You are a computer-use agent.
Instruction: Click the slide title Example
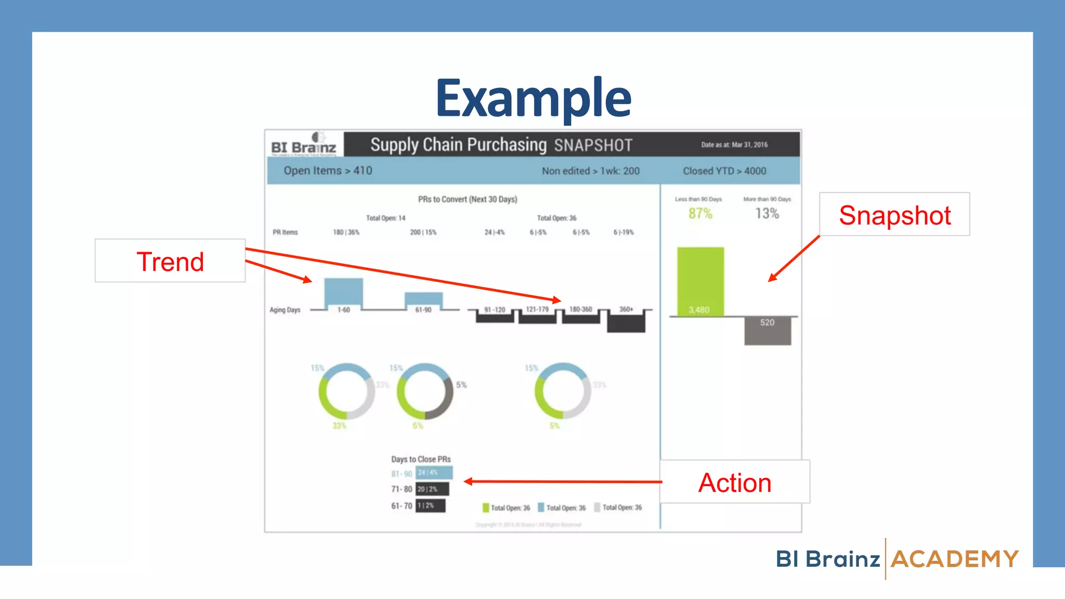[x=533, y=98]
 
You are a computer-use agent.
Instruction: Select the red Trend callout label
[x=170, y=262]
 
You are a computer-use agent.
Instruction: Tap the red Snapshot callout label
[x=894, y=215]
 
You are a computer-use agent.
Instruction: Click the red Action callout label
[x=734, y=483]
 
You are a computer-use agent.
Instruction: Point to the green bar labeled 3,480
[x=700, y=281]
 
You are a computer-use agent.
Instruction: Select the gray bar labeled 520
[x=768, y=331]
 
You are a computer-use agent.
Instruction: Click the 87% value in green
[x=700, y=213]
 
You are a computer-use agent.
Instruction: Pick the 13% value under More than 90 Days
[x=767, y=213]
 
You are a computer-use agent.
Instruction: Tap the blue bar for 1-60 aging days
[x=343, y=292]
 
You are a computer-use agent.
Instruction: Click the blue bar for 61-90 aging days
[x=423, y=299]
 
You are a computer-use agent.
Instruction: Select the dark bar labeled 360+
[x=626, y=324]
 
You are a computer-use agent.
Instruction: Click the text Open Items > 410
[x=328, y=171]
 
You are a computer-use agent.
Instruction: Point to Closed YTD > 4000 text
[x=724, y=171]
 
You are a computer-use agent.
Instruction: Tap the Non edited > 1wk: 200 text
[x=591, y=171]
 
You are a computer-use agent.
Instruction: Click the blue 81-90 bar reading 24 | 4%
[x=434, y=473]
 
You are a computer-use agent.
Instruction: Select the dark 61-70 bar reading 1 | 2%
[x=430, y=505]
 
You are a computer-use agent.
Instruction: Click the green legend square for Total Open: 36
[x=486, y=507]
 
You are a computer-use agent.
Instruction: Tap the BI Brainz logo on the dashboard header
[x=304, y=145]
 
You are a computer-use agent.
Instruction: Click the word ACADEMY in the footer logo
[x=955, y=559]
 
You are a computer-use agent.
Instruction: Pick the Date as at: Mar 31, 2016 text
[x=734, y=145]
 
